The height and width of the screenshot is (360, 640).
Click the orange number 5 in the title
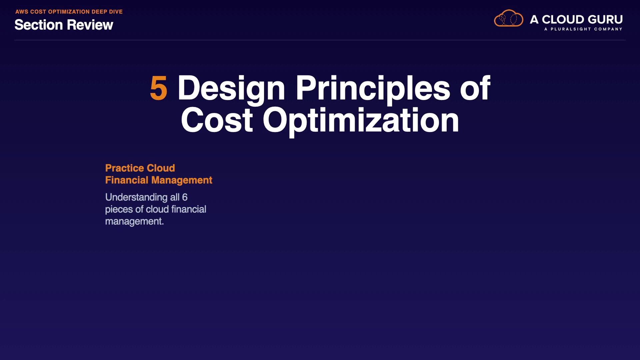tap(159, 88)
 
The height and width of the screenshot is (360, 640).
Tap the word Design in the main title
tap(231, 89)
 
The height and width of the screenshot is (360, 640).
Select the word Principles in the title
tap(373, 89)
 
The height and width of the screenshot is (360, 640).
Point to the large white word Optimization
tap(361, 121)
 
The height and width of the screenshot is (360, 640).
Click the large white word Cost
tap(217, 120)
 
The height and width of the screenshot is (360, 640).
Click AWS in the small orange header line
tap(22, 12)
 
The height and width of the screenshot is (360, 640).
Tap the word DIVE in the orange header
tap(116, 12)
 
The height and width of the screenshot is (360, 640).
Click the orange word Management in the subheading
tap(182, 180)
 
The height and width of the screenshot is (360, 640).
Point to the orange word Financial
tap(127, 180)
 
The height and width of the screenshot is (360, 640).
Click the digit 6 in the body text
tap(185, 197)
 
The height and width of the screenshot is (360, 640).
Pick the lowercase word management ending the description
tap(134, 222)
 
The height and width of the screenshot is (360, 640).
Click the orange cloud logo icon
tap(508, 18)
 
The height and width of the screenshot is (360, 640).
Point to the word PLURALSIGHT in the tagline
tap(571, 29)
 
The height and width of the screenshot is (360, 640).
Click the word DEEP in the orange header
tap(99, 12)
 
